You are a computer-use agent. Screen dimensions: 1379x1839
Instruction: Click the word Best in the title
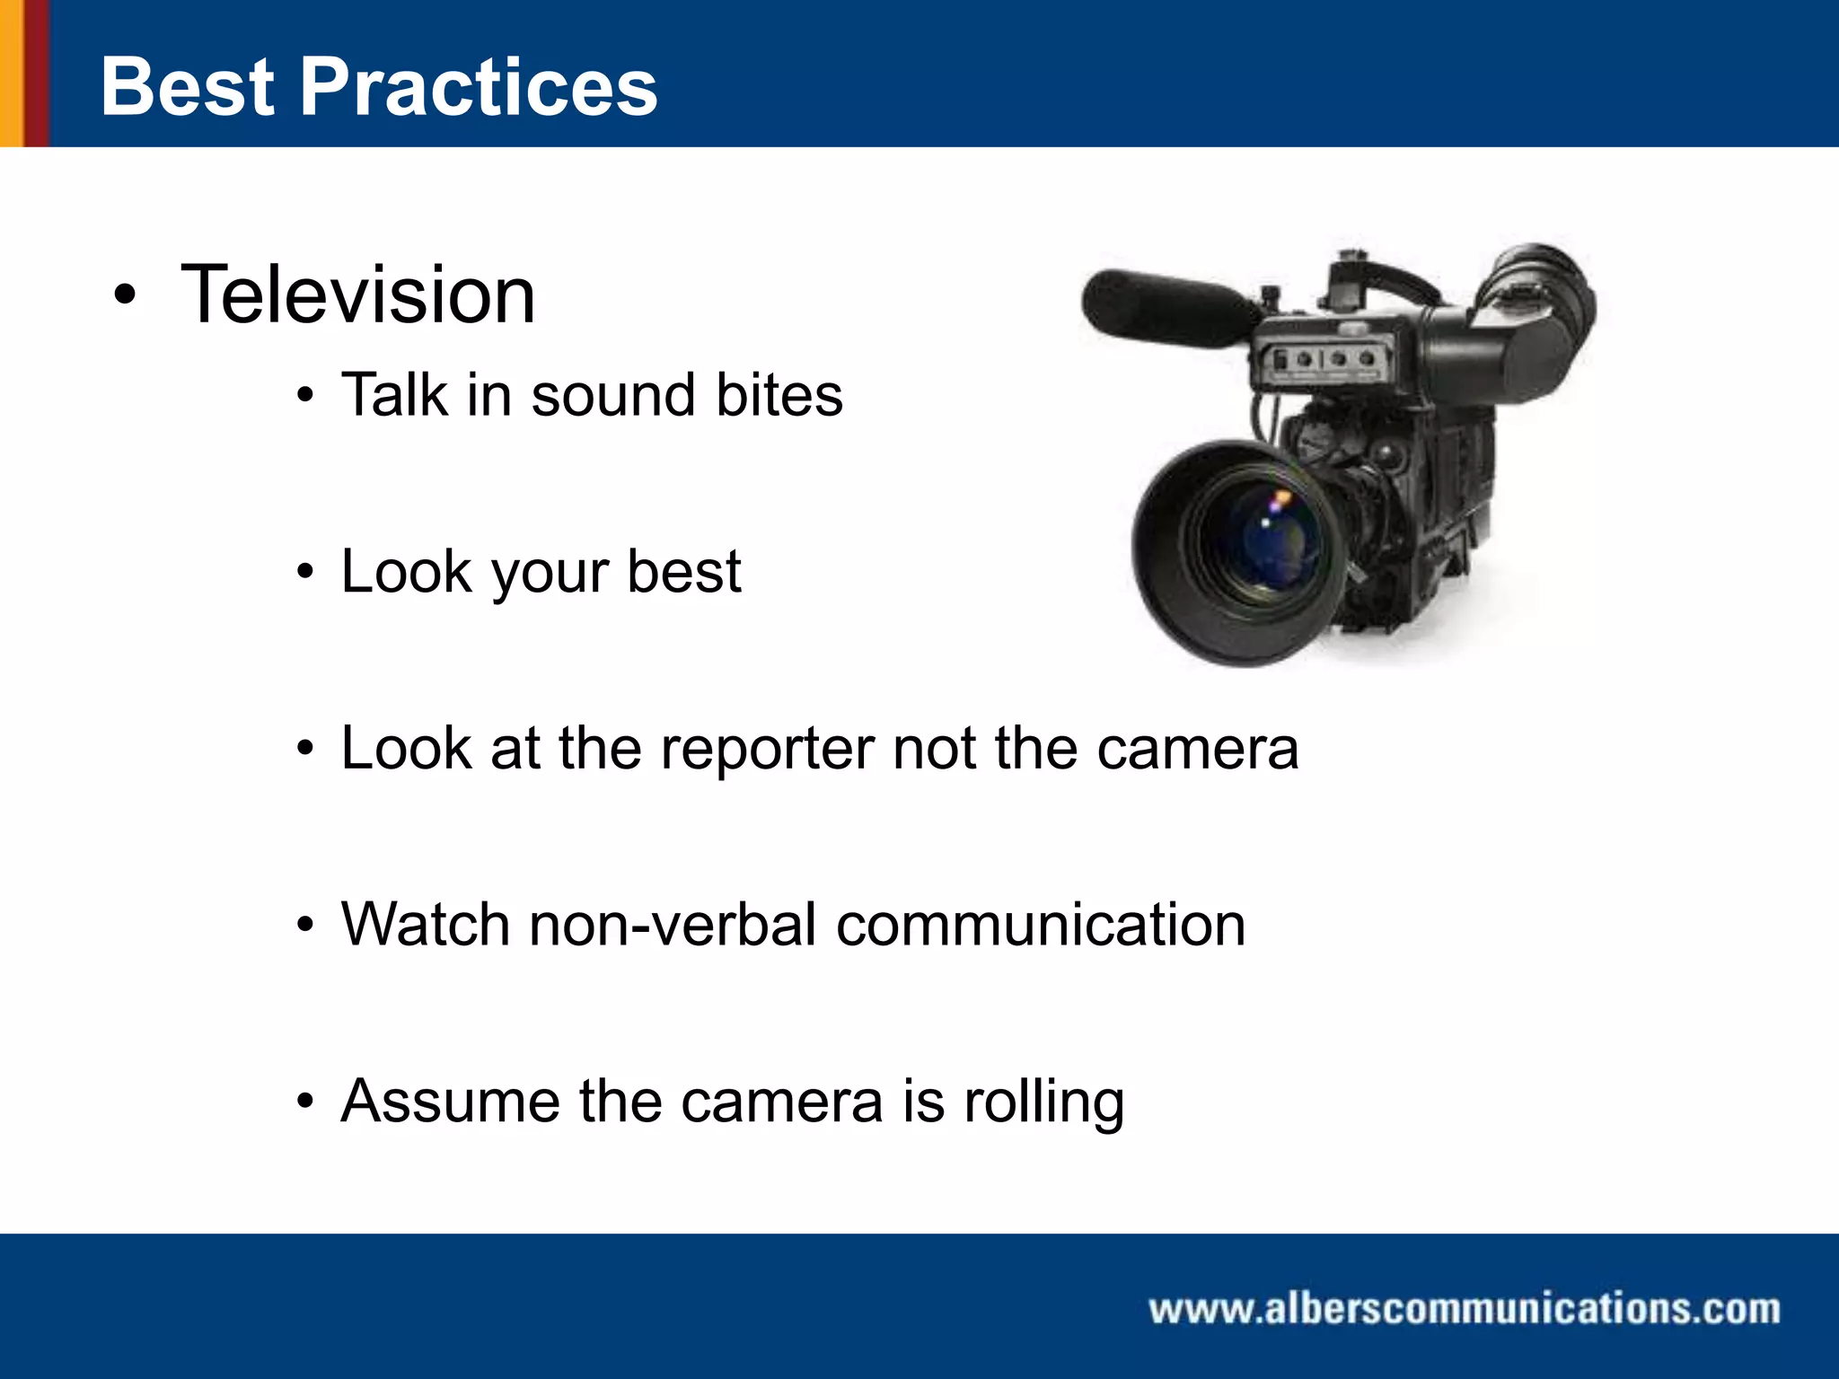tap(187, 87)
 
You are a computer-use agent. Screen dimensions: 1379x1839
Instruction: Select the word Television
tap(357, 295)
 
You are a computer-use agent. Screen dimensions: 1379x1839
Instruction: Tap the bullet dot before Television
tap(126, 295)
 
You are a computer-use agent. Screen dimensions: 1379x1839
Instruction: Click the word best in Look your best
tap(683, 571)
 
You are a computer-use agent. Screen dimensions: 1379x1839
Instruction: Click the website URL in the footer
tap(1465, 1309)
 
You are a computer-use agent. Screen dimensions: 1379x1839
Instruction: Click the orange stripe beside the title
tap(11, 73)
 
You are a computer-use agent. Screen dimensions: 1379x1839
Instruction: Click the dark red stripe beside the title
tap(36, 73)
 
